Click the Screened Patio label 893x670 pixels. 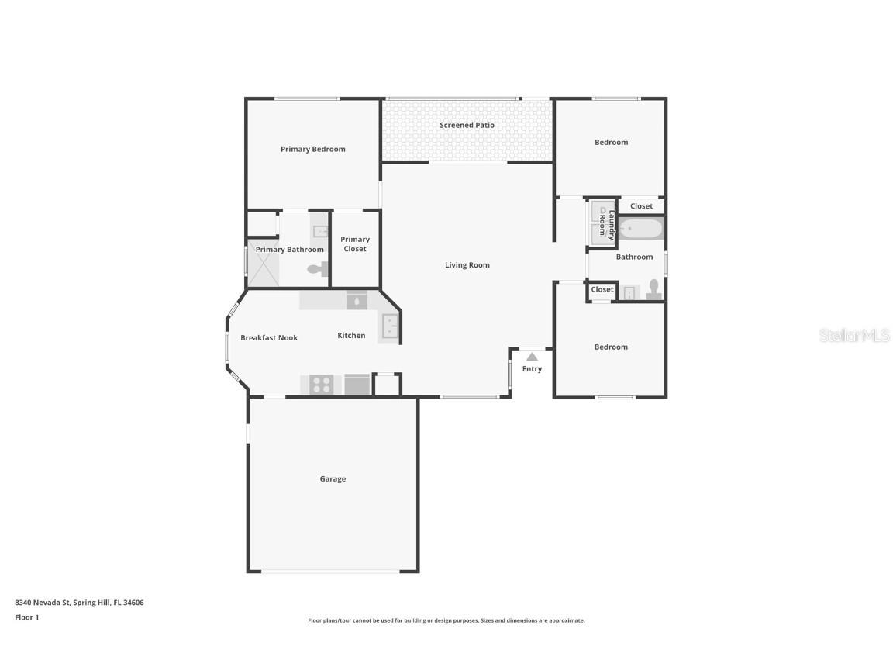467,125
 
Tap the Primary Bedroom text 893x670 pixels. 312,149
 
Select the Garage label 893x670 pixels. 333,479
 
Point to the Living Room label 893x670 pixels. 467,265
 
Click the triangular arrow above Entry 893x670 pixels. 532,357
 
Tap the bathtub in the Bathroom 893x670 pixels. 641,230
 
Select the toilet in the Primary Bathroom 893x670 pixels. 318,269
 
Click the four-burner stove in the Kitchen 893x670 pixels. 321,385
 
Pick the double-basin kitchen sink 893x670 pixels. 389,326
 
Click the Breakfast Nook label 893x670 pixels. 269,338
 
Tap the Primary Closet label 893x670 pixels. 355,244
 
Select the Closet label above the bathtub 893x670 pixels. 641,206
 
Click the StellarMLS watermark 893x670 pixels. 854,336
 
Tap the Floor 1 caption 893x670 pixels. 26,618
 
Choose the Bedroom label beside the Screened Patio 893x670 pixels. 611,143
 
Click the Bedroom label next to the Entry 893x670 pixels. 611,347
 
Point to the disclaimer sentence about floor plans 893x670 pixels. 446,620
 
